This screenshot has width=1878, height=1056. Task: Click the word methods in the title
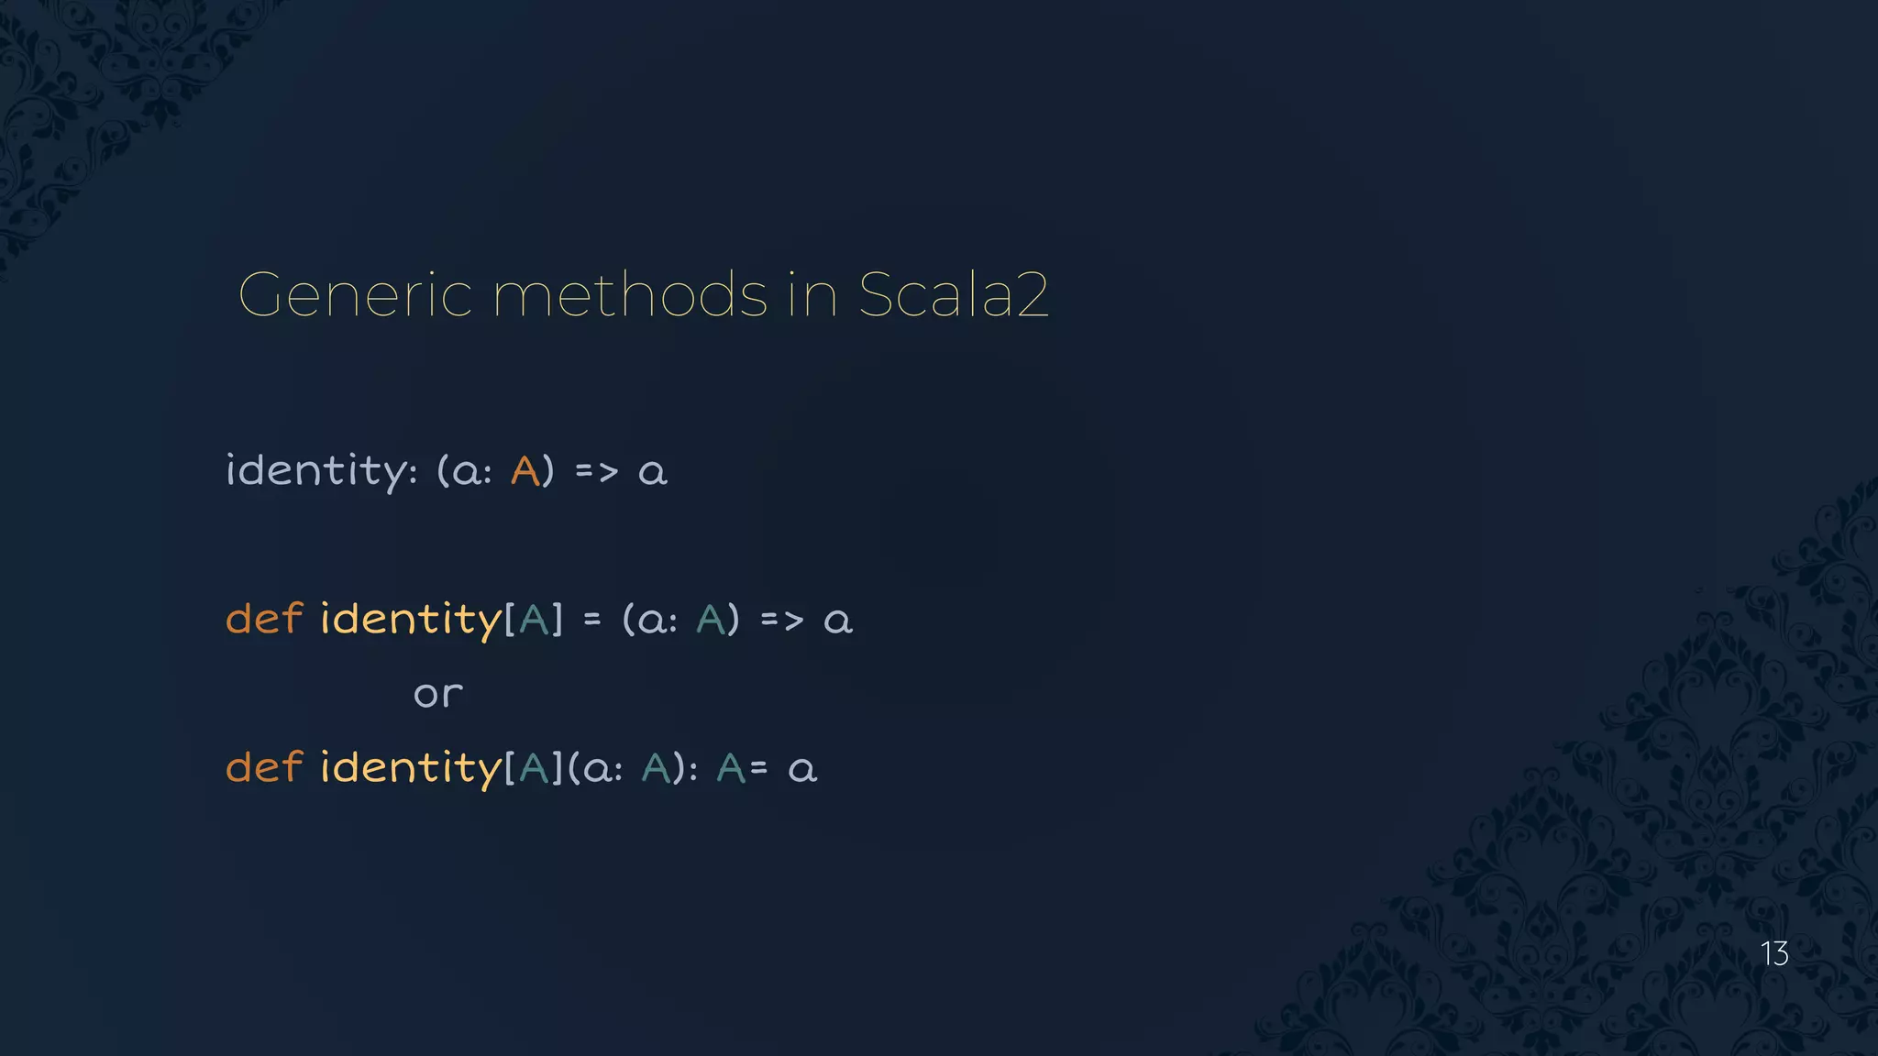click(x=630, y=295)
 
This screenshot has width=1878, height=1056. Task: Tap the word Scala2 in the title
click(x=953, y=295)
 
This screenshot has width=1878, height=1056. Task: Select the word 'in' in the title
click(x=812, y=295)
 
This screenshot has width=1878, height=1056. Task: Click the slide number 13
click(x=1774, y=954)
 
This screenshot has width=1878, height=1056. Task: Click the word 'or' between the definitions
click(x=438, y=694)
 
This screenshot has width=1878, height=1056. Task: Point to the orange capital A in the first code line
click(x=525, y=471)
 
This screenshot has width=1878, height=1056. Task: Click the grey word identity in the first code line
click(x=316, y=471)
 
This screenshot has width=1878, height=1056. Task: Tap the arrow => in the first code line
click(x=596, y=472)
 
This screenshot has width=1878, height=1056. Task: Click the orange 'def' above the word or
click(x=264, y=619)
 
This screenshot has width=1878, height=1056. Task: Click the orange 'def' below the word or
click(x=264, y=767)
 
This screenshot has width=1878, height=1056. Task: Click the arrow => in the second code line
click(x=781, y=621)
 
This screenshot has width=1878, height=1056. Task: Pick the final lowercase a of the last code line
click(x=802, y=770)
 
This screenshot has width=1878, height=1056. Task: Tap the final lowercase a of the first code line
click(x=653, y=473)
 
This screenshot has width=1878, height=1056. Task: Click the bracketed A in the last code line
click(x=534, y=768)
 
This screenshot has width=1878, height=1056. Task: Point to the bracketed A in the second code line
click(x=534, y=620)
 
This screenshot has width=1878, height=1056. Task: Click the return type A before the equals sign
click(x=731, y=768)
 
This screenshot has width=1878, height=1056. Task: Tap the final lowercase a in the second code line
click(x=838, y=621)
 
